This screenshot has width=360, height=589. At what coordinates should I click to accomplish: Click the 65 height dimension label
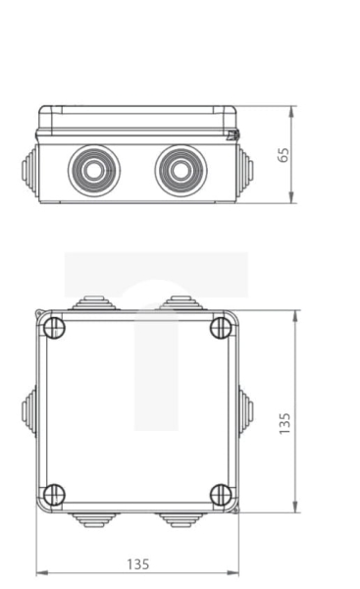[283, 154]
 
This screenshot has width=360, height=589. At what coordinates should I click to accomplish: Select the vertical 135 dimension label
[283, 423]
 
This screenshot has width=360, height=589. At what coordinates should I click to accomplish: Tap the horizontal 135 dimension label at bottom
[137, 563]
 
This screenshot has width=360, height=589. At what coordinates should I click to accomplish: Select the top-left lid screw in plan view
[55, 328]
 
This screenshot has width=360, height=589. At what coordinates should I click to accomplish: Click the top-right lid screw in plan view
[221, 328]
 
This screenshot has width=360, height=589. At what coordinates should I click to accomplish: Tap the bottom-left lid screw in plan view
[55, 495]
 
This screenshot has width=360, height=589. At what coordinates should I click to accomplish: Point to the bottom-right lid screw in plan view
[221, 495]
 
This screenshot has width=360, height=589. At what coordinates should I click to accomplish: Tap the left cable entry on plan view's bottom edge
[94, 519]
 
